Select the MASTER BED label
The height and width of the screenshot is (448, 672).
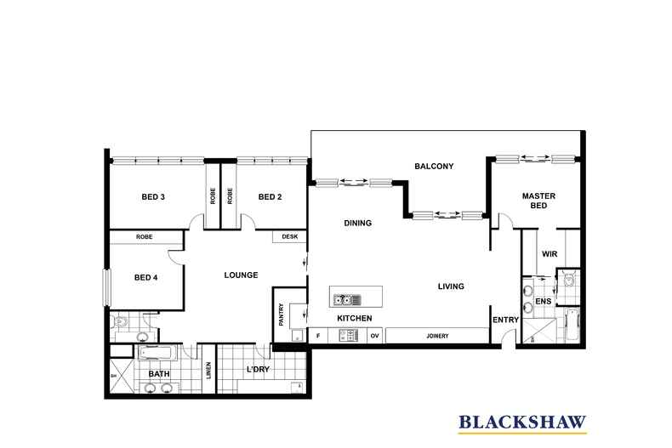tap(538, 201)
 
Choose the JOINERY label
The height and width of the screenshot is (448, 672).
tap(437, 336)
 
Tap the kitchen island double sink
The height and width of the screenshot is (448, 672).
tap(347, 299)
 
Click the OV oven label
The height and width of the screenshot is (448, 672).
tap(374, 336)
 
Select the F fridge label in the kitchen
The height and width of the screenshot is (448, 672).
tap(318, 336)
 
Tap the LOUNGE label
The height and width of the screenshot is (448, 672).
tap(241, 275)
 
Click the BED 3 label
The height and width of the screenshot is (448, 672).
tap(153, 197)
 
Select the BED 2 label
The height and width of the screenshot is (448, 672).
tap(270, 197)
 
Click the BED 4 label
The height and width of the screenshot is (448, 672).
tap(146, 277)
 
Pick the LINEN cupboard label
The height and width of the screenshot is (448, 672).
tap(208, 370)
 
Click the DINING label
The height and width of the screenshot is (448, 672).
tap(358, 223)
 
